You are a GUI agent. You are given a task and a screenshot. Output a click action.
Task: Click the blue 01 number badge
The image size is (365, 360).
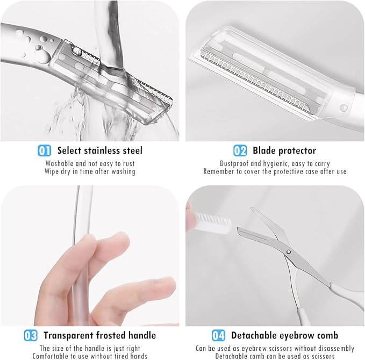tap(45, 150)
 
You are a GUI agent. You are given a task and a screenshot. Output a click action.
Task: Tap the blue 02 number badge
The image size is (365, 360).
tap(240, 150)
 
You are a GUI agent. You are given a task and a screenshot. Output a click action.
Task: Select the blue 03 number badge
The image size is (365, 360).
tap(31, 335)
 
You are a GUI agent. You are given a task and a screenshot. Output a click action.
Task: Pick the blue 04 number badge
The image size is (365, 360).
tap(218, 335)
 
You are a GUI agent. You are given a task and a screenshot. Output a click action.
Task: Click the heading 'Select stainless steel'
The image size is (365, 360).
tap(100, 150)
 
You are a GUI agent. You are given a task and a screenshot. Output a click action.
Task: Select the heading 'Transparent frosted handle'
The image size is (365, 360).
tap(100, 335)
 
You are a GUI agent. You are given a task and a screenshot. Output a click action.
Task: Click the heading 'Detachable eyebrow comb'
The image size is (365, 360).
tap(284, 335)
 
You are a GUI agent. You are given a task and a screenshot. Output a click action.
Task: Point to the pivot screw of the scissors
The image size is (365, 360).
tap(289, 251)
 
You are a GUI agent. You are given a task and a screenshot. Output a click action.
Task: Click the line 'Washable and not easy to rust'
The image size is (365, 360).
tap(90, 163)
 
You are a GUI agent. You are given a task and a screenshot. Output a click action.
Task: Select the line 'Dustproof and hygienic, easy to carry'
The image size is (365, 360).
tap(275, 163)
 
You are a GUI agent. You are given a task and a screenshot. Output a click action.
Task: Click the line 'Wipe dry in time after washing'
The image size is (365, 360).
tap(90, 171)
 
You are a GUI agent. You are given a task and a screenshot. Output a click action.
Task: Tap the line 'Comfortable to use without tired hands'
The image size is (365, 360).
tap(90, 356)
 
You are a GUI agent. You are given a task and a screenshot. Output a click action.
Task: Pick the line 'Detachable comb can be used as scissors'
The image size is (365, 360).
tap(275, 356)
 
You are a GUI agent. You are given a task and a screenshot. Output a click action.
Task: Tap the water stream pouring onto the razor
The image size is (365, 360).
tap(112, 32)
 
